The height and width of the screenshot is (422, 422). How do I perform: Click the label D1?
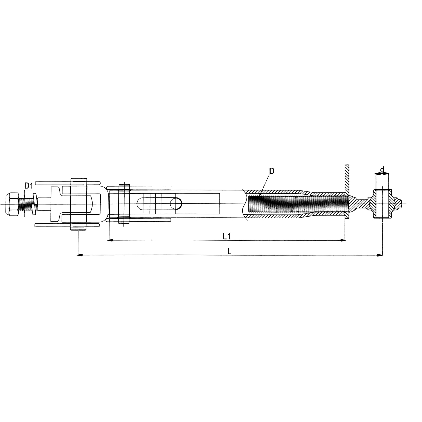click(28, 186)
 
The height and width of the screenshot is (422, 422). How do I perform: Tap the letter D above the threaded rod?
click(271, 171)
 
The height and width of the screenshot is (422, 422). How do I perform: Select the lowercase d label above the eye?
click(382, 170)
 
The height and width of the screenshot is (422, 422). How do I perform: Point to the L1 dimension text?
click(227, 236)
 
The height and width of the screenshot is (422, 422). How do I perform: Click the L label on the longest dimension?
click(230, 252)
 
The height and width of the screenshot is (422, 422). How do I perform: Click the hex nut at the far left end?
click(12, 204)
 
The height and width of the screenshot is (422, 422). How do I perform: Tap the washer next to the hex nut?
click(34, 204)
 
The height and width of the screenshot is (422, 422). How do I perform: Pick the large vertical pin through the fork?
click(78, 204)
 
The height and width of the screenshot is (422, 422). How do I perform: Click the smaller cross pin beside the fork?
click(124, 204)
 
